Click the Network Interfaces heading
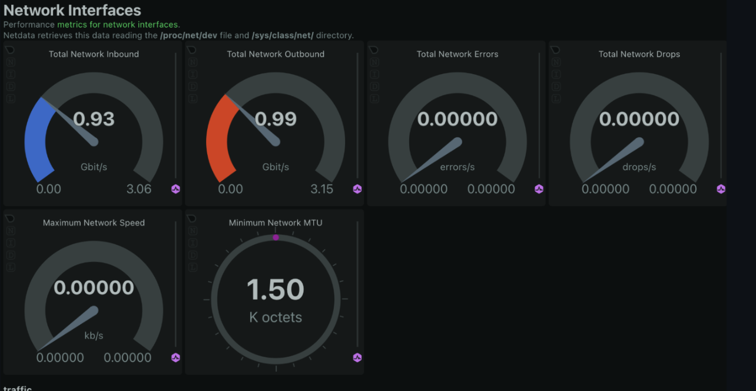click(x=72, y=10)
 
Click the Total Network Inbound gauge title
click(x=94, y=54)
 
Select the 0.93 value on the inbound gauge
click(x=94, y=119)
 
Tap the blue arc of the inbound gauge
click(x=36, y=138)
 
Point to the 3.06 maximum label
click(x=139, y=189)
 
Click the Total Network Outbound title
click(x=276, y=54)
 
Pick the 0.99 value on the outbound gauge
click(x=276, y=119)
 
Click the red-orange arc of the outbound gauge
click(x=218, y=138)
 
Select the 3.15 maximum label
click(x=321, y=189)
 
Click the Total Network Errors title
click(x=457, y=54)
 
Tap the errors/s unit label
click(x=457, y=167)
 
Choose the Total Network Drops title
click(x=639, y=54)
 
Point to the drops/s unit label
click(x=639, y=167)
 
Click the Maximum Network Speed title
click(x=94, y=223)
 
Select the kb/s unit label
click(x=94, y=336)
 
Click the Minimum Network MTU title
click(x=276, y=223)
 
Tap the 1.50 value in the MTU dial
click(x=276, y=290)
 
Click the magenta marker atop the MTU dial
click(x=276, y=237)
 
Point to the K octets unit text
click(x=276, y=317)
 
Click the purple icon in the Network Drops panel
click(x=721, y=189)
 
